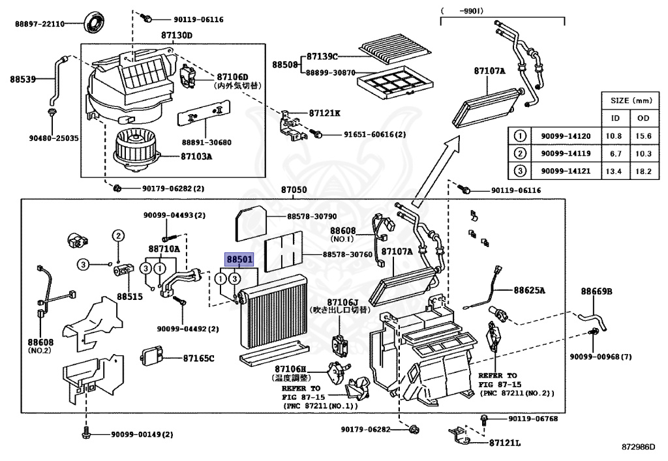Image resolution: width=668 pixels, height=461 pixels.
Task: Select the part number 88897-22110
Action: click(x=40, y=24)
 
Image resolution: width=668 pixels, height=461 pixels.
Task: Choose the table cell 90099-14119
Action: click(x=566, y=154)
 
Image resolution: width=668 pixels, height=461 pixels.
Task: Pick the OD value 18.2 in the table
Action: click(x=644, y=171)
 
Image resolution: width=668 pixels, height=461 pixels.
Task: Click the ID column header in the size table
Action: click(x=615, y=119)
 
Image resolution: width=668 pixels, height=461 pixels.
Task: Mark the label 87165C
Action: click(x=198, y=358)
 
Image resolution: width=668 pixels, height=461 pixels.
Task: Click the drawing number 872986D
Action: click(x=637, y=448)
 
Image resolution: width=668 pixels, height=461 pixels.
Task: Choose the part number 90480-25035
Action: click(x=53, y=138)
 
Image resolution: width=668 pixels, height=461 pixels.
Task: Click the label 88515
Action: click(x=129, y=296)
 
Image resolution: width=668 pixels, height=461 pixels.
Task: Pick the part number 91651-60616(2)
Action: click(x=374, y=135)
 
